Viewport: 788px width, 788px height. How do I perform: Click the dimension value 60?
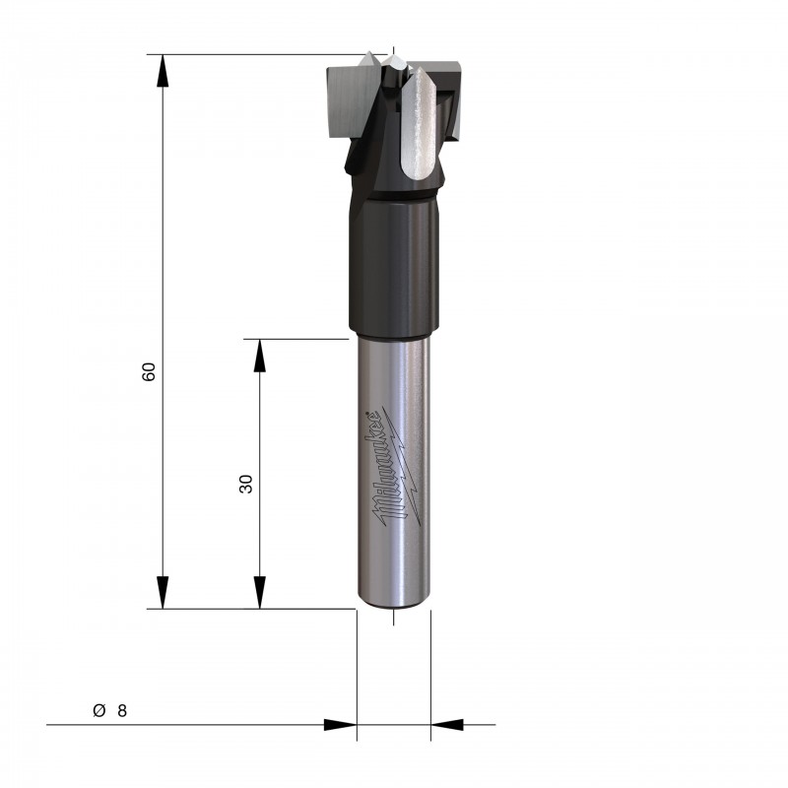coord(149,371)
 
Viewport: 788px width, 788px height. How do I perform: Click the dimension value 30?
coord(245,484)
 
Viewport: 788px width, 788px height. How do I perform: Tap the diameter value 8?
coord(122,710)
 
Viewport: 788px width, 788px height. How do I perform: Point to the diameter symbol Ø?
coord(99,710)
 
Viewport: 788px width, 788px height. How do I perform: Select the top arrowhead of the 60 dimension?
coord(162,71)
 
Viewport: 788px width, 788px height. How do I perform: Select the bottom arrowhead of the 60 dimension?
coord(162,593)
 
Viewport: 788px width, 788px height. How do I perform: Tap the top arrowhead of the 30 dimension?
coord(259,356)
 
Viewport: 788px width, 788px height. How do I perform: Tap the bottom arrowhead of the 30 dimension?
coord(259,593)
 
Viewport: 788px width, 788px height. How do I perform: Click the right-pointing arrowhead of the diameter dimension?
coord(340,725)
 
